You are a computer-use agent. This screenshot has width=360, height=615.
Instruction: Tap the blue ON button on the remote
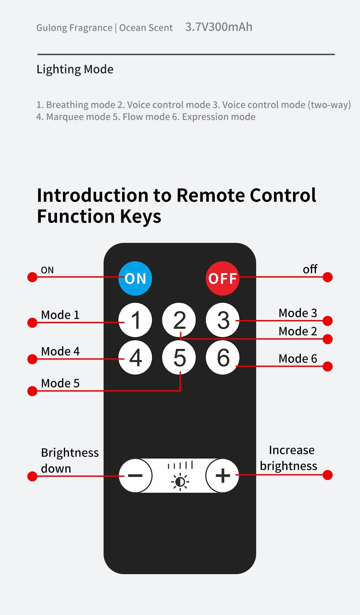click(135, 278)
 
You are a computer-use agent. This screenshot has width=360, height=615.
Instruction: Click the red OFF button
click(222, 278)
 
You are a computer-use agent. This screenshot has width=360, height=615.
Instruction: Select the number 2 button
click(179, 320)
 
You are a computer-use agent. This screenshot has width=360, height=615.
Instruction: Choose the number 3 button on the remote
click(223, 320)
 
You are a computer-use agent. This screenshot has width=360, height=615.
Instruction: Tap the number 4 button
click(135, 357)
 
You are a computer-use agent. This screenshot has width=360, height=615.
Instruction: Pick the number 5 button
click(179, 357)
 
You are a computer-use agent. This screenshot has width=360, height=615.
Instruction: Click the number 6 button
click(223, 357)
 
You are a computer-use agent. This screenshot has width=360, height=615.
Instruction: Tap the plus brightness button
click(222, 475)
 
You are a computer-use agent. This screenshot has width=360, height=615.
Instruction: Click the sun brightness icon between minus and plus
click(180, 482)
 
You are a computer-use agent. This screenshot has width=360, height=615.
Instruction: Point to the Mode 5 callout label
click(60, 383)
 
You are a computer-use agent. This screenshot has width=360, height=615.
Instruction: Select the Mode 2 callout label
click(298, 331)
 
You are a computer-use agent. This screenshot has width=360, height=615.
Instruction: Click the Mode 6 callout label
click(298, 359)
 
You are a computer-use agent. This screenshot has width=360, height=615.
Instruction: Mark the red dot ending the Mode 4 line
click(32, 359)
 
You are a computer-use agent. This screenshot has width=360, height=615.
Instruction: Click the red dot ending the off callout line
click(328, 277)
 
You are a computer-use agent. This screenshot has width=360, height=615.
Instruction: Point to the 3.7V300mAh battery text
click(219, 27)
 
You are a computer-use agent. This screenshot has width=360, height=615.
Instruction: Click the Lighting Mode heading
click(75, 69)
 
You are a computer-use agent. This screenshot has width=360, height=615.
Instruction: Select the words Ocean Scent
click(146, 28)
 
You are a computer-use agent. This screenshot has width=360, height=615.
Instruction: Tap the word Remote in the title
click(211, 195)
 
